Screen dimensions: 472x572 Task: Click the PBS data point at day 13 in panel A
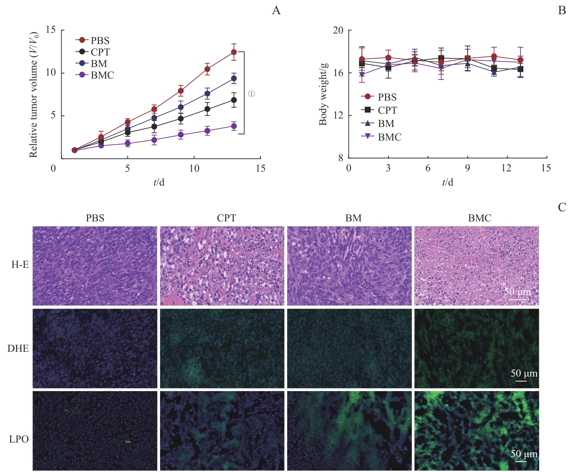(x=234, y=52)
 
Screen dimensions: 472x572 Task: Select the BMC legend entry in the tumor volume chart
(x=102, y=75)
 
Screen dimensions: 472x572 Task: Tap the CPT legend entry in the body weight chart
(x=387, y=110)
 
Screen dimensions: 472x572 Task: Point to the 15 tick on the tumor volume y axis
(x=51, y=30)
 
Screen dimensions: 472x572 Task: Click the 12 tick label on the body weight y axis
(x=338, y=115)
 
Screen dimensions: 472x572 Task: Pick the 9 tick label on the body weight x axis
(x=467, y=168)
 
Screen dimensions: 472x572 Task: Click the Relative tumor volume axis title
(x=33, y=95)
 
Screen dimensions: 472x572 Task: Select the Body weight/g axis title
(x=323, y=94)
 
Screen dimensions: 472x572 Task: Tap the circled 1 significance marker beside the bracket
(x=251, y=94)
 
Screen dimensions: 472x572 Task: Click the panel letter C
(x=562, y=207)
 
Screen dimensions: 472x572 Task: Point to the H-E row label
(x=20, y=265)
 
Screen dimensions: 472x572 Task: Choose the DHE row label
(x=18, y=349)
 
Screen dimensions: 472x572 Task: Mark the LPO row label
(x=19, y=439)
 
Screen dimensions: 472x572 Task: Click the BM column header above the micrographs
(x=353, y=218)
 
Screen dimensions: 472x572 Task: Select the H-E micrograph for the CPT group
(x=222, y=266)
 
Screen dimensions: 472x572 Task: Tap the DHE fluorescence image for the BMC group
(x=476, y=348)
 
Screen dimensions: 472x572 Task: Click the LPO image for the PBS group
(x=95, y=431)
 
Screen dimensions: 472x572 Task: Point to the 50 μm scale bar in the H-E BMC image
(x=517, y=299)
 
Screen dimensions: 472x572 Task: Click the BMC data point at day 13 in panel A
(x=234, y=126)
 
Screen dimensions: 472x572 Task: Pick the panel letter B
(x=562, y=11)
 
